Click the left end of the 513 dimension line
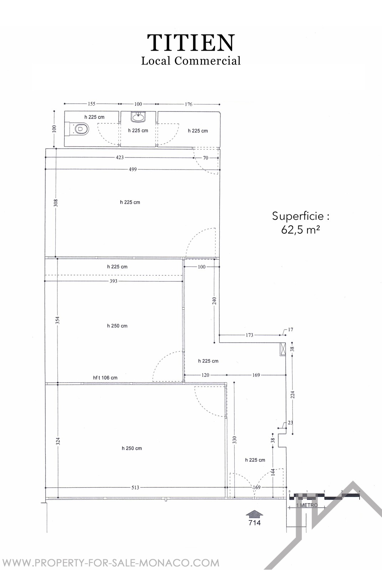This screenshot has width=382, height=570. (x=45, y=487)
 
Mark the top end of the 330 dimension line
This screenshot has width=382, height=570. (x=234, y=382)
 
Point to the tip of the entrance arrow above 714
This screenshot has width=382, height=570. (x=254, y=510)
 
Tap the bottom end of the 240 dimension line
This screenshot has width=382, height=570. (x=215, y=342)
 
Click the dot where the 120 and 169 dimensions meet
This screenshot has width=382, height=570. (x=226, y=375)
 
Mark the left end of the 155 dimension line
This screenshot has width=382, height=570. (x=65, y=104)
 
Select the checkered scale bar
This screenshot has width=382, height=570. (x=325, y=495)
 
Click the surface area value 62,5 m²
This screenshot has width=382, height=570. (x=300, y=230)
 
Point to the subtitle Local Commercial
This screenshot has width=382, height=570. (x=191, y=61)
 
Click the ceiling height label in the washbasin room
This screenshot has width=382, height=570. (x=138, y=130)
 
